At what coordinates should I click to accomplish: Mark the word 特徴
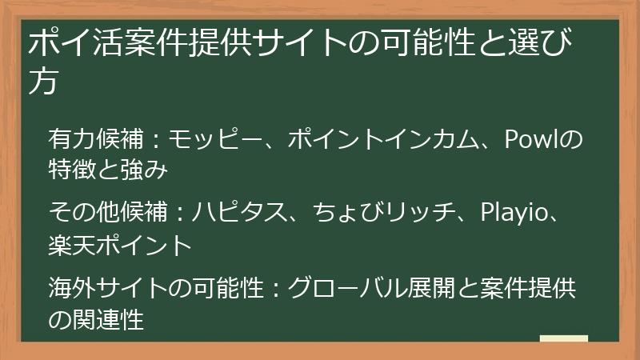coord(71,169)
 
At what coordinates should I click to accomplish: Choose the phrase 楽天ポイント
coord(119,242)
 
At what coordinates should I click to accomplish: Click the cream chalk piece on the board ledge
coord(563,339)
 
